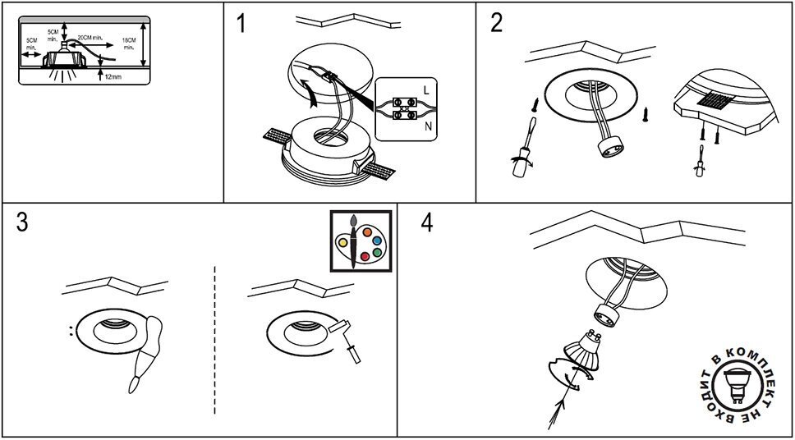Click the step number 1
pyautogui.click(x=241, y=23)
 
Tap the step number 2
pyautogui.click(x=496, y=23)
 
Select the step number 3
pyautogui.click(x=22, y=224)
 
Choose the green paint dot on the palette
pyautogui.click(x=378, y=254)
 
